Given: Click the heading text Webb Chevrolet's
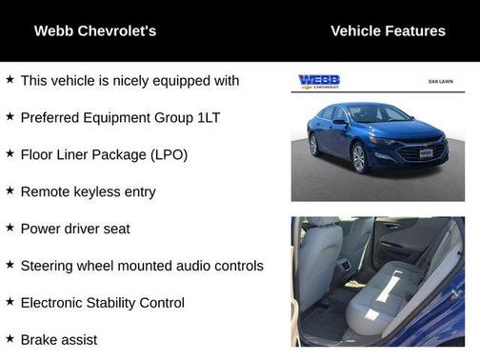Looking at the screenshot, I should pos(95,30).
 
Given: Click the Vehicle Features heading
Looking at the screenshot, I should pos(388,30).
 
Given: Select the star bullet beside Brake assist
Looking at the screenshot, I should pos(10,338).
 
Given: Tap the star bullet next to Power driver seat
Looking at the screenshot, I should pos(10,228).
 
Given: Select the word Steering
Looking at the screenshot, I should pos(49,266).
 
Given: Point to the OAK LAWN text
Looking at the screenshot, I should pos(439,82).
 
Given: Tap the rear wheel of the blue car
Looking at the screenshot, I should pos(315,145).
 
